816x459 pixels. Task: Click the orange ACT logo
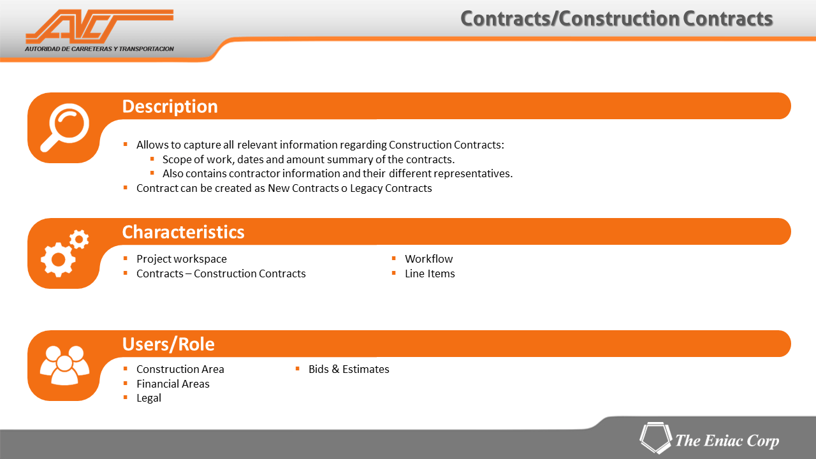tap(99, 26)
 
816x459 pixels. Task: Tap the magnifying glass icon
tap(65, 127)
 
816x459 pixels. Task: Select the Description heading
tap(170, 106)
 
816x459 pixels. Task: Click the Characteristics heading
tap(183, 232)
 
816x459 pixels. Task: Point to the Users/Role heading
tap(168, 344)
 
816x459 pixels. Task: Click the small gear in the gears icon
tap(79, 239)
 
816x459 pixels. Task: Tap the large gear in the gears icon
tap(58, 259)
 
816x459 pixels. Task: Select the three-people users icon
tap(64, 365)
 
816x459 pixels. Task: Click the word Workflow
tap(429, 259)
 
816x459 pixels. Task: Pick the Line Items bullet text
tap(430, 273)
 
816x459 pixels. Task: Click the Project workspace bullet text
tap(182, 259)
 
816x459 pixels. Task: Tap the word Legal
tap(149, 398)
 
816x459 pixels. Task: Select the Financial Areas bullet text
tap(173, 384)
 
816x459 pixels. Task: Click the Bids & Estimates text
tap(349, 369)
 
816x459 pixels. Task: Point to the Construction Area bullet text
tap(180, 369)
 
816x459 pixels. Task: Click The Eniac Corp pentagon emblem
tap(656, 438)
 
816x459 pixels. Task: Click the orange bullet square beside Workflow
tap(394, 258)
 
